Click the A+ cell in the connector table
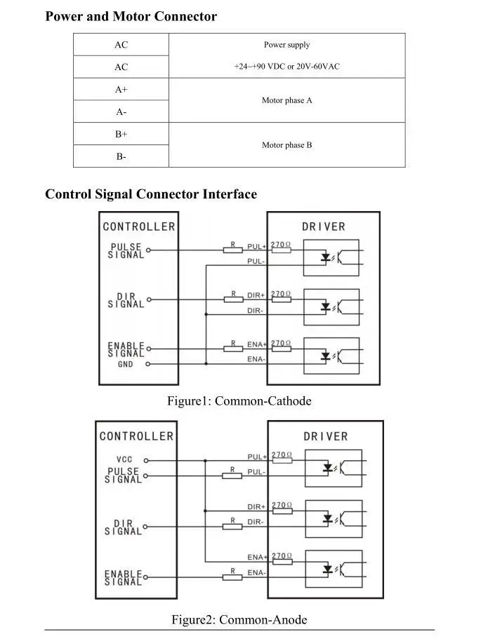click(x=121, y=90)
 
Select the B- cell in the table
click(x=121, y=156)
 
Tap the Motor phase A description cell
click(x=286, y=100)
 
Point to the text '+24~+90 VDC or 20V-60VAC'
click(x=286, y=67)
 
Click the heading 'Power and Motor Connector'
click(x=131, y=16)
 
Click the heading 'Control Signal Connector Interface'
click(x=151, y=194)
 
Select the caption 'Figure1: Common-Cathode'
click(x=239, y=401)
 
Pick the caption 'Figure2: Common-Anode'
click(x=239, y=620)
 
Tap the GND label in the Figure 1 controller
click(x=125, y=365)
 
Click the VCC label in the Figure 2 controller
click(x=124, y=460)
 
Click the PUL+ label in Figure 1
click(x=256, y=247)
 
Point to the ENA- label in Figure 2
click(x=256, y=573)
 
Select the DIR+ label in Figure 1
click(x=256, y=296)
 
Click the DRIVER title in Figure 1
click(x=324, y=227)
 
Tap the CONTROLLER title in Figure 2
click(x=136, y=436)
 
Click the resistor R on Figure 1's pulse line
click(x=232, y=249)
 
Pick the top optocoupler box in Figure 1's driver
click(x=331, y=257)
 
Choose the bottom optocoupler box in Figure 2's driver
click(x=334, y=568)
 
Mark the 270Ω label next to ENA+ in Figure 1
click(x=281, y=343)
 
